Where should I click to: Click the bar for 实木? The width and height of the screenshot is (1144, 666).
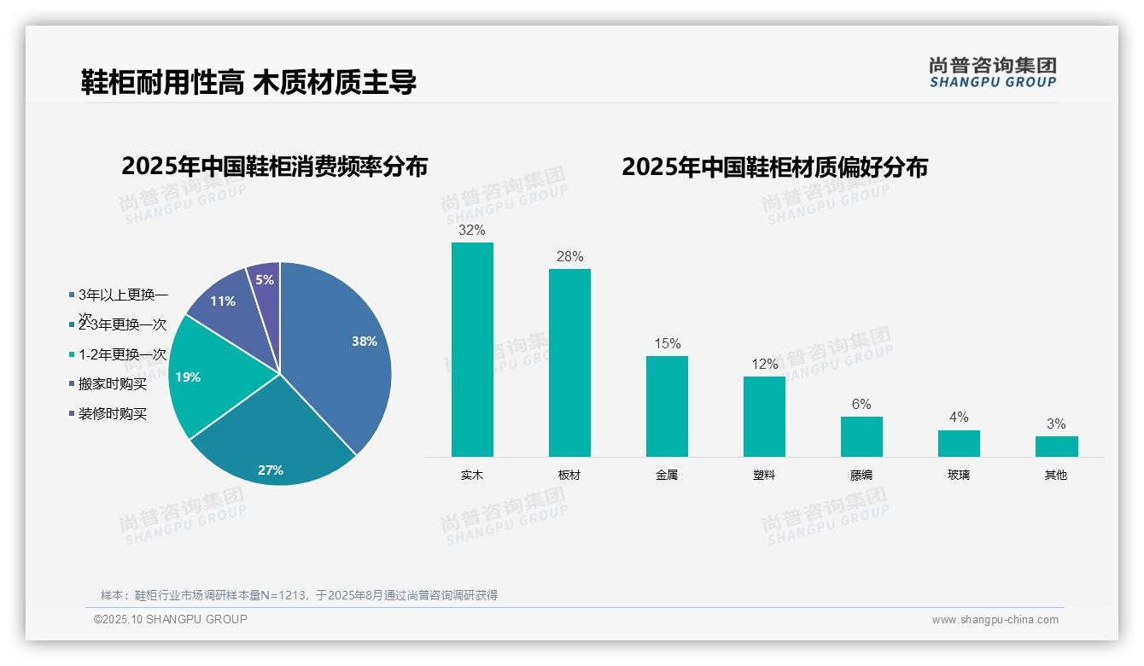coord(472,349)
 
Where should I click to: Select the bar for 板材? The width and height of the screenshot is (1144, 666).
coord(569,363)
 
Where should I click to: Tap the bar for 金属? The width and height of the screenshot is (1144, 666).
coord(667,406)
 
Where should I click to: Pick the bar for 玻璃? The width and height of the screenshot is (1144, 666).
coord(959,443)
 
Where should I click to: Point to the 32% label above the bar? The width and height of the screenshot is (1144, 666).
coord(471,231)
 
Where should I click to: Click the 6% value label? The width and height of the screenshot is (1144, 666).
coord(861,405)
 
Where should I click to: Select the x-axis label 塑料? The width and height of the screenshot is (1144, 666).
coord(764,476)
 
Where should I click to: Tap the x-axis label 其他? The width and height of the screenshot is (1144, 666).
coord(1056,476)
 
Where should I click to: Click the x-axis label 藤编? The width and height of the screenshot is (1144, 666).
coord(861,476)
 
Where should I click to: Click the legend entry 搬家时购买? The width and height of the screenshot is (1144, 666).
coord(112,384)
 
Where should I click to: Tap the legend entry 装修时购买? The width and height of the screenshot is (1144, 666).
coord(112,414)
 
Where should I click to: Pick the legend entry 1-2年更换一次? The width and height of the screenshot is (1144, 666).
coord(121,354)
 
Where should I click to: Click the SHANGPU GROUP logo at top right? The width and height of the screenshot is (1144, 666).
coord(992,73)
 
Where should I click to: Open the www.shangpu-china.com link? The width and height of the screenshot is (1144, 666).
coord(995,620)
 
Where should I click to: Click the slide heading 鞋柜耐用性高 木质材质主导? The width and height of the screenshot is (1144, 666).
coord(248,83)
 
